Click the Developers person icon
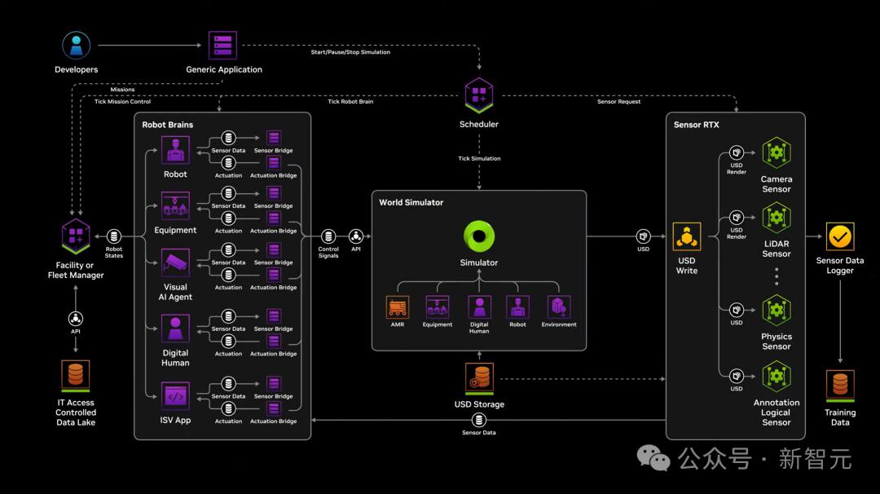click(x=77, y=46)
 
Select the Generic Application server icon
click(x=222, y=46)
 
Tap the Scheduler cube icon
click(x=479, y=95)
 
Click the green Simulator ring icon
click(x=479, y=236)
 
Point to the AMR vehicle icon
click(x=398, y=307)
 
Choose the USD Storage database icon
click(x=479, y=377)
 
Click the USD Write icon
click(x=687, y=236)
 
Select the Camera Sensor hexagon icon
click(x=777, y=152)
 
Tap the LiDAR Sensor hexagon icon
click(x=777, y=218)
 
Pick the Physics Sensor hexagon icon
click(x=777, y=310)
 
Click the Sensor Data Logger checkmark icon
click(x=840, y=236)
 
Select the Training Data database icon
click(x=840, y=386)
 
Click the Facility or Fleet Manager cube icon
click(x=76, y=236)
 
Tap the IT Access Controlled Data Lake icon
click(x=76, y=376)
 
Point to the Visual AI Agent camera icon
click(x=175, y=262)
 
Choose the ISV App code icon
click(x=175, y=395)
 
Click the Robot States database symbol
click(x=114, y=236)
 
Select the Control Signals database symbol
click(x=328, y=236)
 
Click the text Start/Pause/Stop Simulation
click(x=350, y=52)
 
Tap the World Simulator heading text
click(x=411, y=202)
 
